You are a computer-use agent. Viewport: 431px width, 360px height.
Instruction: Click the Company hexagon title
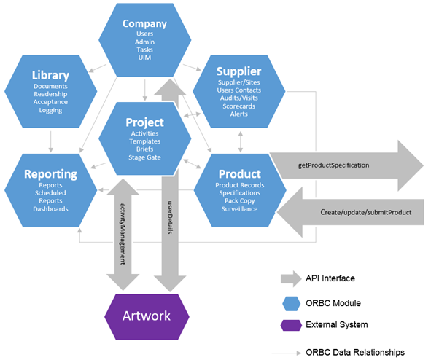coord(144,23)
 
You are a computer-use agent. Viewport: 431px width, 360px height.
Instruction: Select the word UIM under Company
coord(144,58)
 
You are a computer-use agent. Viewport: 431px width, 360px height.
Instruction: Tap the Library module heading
coord(50,75)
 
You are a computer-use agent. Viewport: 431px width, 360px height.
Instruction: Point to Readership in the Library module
coord(50,94)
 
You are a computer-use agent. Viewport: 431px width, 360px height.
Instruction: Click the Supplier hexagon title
coord(238,71)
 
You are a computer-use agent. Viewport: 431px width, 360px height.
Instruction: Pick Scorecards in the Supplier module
coord(238,106)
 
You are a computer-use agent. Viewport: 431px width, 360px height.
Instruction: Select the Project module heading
coord(144,122)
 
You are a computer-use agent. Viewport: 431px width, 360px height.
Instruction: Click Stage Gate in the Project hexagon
coord(144,156)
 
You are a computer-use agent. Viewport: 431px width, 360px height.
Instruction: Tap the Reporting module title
coord(50,174)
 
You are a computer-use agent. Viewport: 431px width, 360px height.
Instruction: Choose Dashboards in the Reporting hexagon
coord(50,209)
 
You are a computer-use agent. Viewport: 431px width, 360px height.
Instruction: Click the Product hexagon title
coord(239,174)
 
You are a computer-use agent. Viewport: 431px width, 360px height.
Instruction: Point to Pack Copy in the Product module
coord(239,201)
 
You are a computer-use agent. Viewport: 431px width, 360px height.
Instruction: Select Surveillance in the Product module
coord(239,209)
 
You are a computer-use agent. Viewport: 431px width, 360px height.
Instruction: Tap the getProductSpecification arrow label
coord(333,165)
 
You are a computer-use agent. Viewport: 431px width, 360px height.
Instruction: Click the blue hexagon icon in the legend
coord(290,302)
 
